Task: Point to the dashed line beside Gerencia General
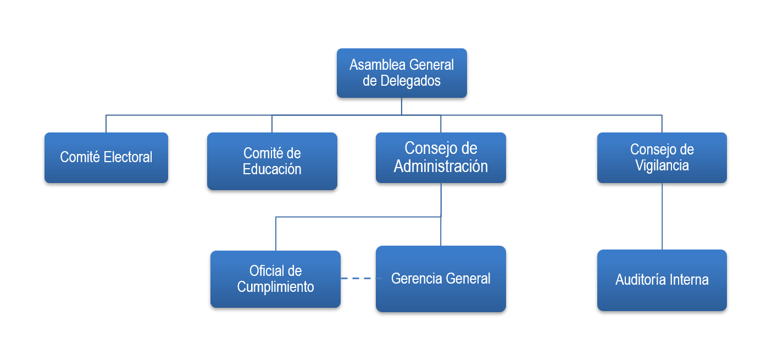tap(358, 279)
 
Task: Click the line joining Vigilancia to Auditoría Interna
tap(662, 216)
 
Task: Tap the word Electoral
tap(128, 157)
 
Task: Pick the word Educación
tap(272, 169)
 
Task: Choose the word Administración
tap(441, 166)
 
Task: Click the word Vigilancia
tap(662, 165)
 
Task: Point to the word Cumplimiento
tap(275, 286)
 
